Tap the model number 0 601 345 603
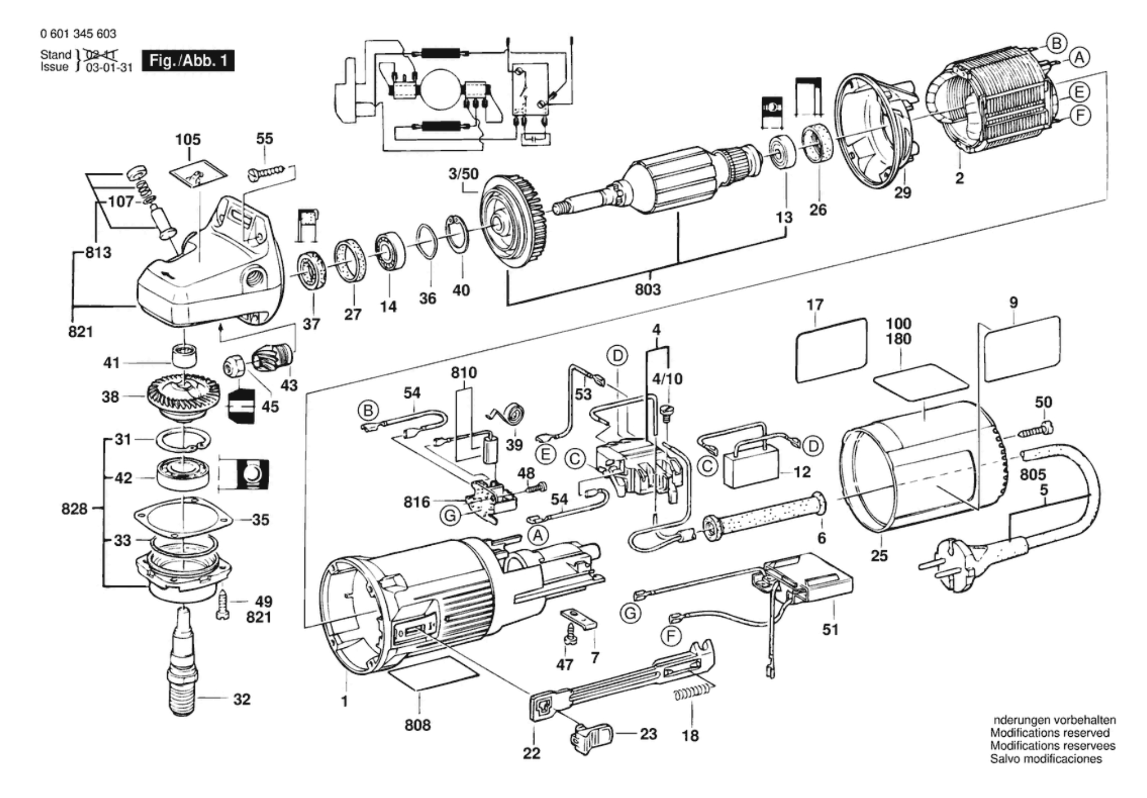click(78, 34)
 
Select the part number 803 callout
click(647, 290)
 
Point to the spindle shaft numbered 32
click(183, 663)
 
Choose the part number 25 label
click(879, 555)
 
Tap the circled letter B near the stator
click(1055, 43)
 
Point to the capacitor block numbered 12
click(753, 469)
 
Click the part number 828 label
click(74, 508)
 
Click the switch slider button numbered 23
click(591, 736)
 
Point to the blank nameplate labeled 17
click(831, 350)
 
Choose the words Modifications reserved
click(1050, 733)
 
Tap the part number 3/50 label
click(463, 173)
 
